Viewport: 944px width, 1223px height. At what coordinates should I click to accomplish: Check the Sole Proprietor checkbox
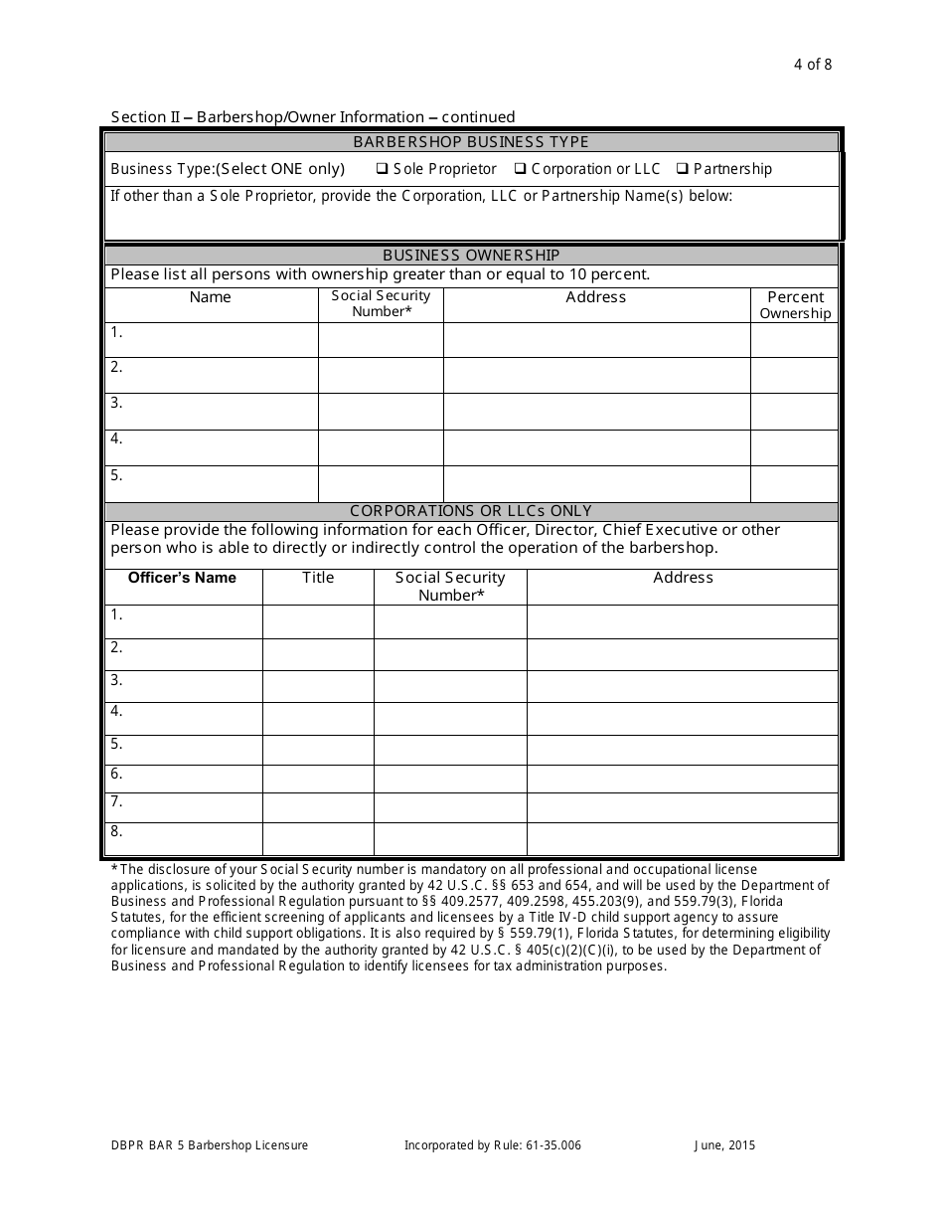pos(382,169)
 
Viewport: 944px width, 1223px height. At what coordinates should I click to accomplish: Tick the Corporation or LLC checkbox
pos(520,169)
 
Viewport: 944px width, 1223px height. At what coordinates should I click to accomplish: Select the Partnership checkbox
pos(683,169)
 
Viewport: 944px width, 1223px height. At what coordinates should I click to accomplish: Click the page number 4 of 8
pos(813,66)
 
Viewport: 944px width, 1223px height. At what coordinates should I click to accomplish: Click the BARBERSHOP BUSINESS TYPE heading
pos(471,142)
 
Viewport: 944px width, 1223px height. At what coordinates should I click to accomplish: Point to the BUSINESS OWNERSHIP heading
pos(471,256)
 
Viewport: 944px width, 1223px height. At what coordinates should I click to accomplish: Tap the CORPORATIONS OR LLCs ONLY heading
pos(471,511)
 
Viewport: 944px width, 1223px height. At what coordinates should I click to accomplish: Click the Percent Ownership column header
pos(795,304)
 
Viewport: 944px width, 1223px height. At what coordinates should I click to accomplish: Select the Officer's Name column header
pos(183,578)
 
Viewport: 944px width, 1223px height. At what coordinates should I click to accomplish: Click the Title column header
pos(318,578)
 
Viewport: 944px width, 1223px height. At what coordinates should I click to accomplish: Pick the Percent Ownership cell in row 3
pos(794,411)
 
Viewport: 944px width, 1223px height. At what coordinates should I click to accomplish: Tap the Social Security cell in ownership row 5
pos(381,483)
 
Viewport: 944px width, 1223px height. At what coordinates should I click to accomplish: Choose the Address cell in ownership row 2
pos(596,375)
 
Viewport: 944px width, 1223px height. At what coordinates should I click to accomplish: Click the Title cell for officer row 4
pos(318,718)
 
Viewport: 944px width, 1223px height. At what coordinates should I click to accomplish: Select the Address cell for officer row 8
pos(682,838)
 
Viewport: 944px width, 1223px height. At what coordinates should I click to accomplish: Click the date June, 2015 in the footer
pos(724,1145)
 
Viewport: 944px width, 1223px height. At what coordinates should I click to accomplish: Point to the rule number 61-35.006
pos(548,1145)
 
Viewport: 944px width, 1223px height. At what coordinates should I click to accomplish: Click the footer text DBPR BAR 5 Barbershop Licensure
pos(210,1145)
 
